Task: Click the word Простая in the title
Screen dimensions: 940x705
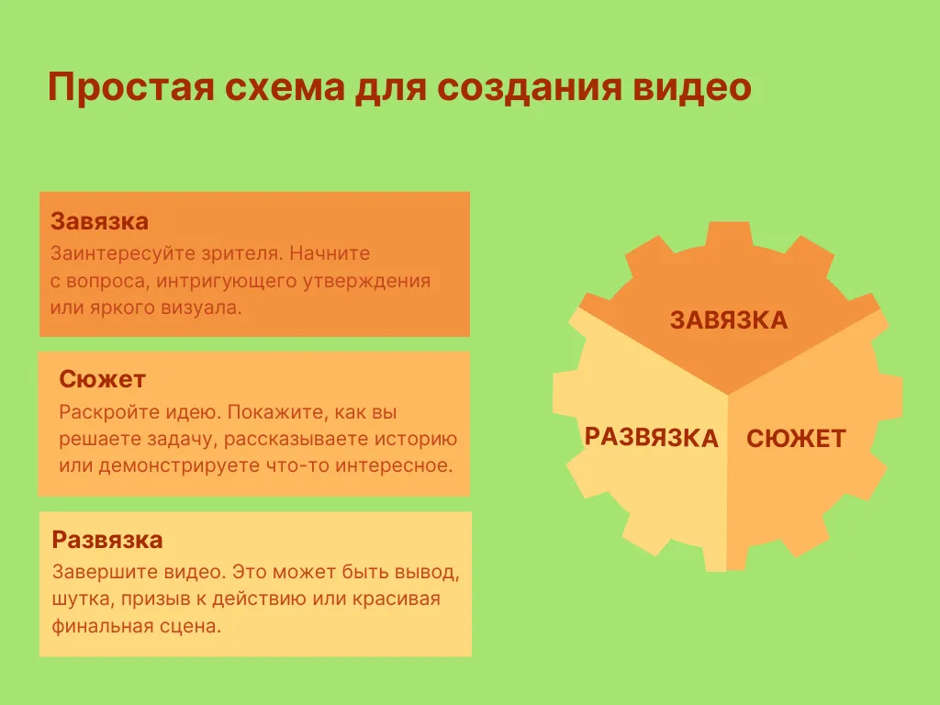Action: [x=131, y=87]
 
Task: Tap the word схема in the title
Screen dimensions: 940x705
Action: [x=285, y=87]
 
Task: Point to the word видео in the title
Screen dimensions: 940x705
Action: [x=692, y=87]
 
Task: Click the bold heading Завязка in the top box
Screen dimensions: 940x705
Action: [x=99, y=222]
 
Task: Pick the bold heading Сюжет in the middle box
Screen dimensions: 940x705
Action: [x=103, y=379]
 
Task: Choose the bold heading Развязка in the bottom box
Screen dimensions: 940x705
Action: [x=107, y=540]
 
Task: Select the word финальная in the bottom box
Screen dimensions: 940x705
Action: [x=102, y=626]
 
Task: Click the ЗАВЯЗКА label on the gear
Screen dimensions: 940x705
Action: [x=729, y=320]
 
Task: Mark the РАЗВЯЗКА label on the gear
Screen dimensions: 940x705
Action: [x=652, y=438]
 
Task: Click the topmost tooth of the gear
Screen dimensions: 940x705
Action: [x=729, y=234]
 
